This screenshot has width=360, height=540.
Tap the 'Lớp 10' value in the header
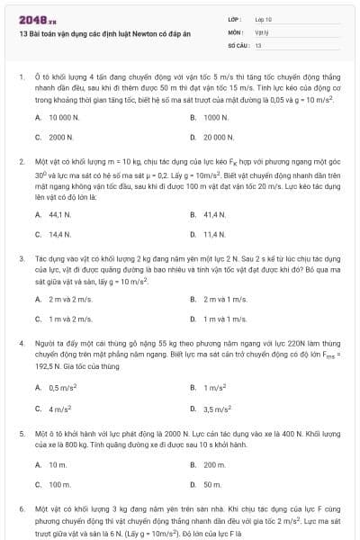pos(263,19)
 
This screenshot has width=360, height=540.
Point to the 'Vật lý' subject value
pos(262,31)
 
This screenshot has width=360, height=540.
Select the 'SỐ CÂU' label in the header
pos(236,44)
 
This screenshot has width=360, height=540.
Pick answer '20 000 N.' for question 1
pos(219,138)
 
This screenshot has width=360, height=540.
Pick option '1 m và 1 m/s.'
pos(225,319)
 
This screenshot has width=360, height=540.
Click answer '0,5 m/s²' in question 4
pos(61,387)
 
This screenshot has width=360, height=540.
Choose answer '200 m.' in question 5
pos(213,464)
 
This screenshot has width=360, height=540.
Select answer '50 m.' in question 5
pos(211,484)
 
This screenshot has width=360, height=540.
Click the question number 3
pos(21,257)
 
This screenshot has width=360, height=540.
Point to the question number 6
pos(21,509)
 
